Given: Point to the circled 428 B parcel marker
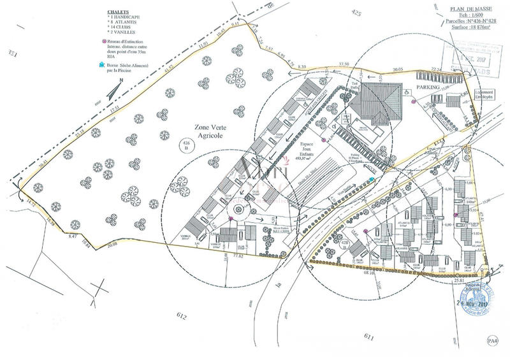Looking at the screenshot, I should tap(344, 244).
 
